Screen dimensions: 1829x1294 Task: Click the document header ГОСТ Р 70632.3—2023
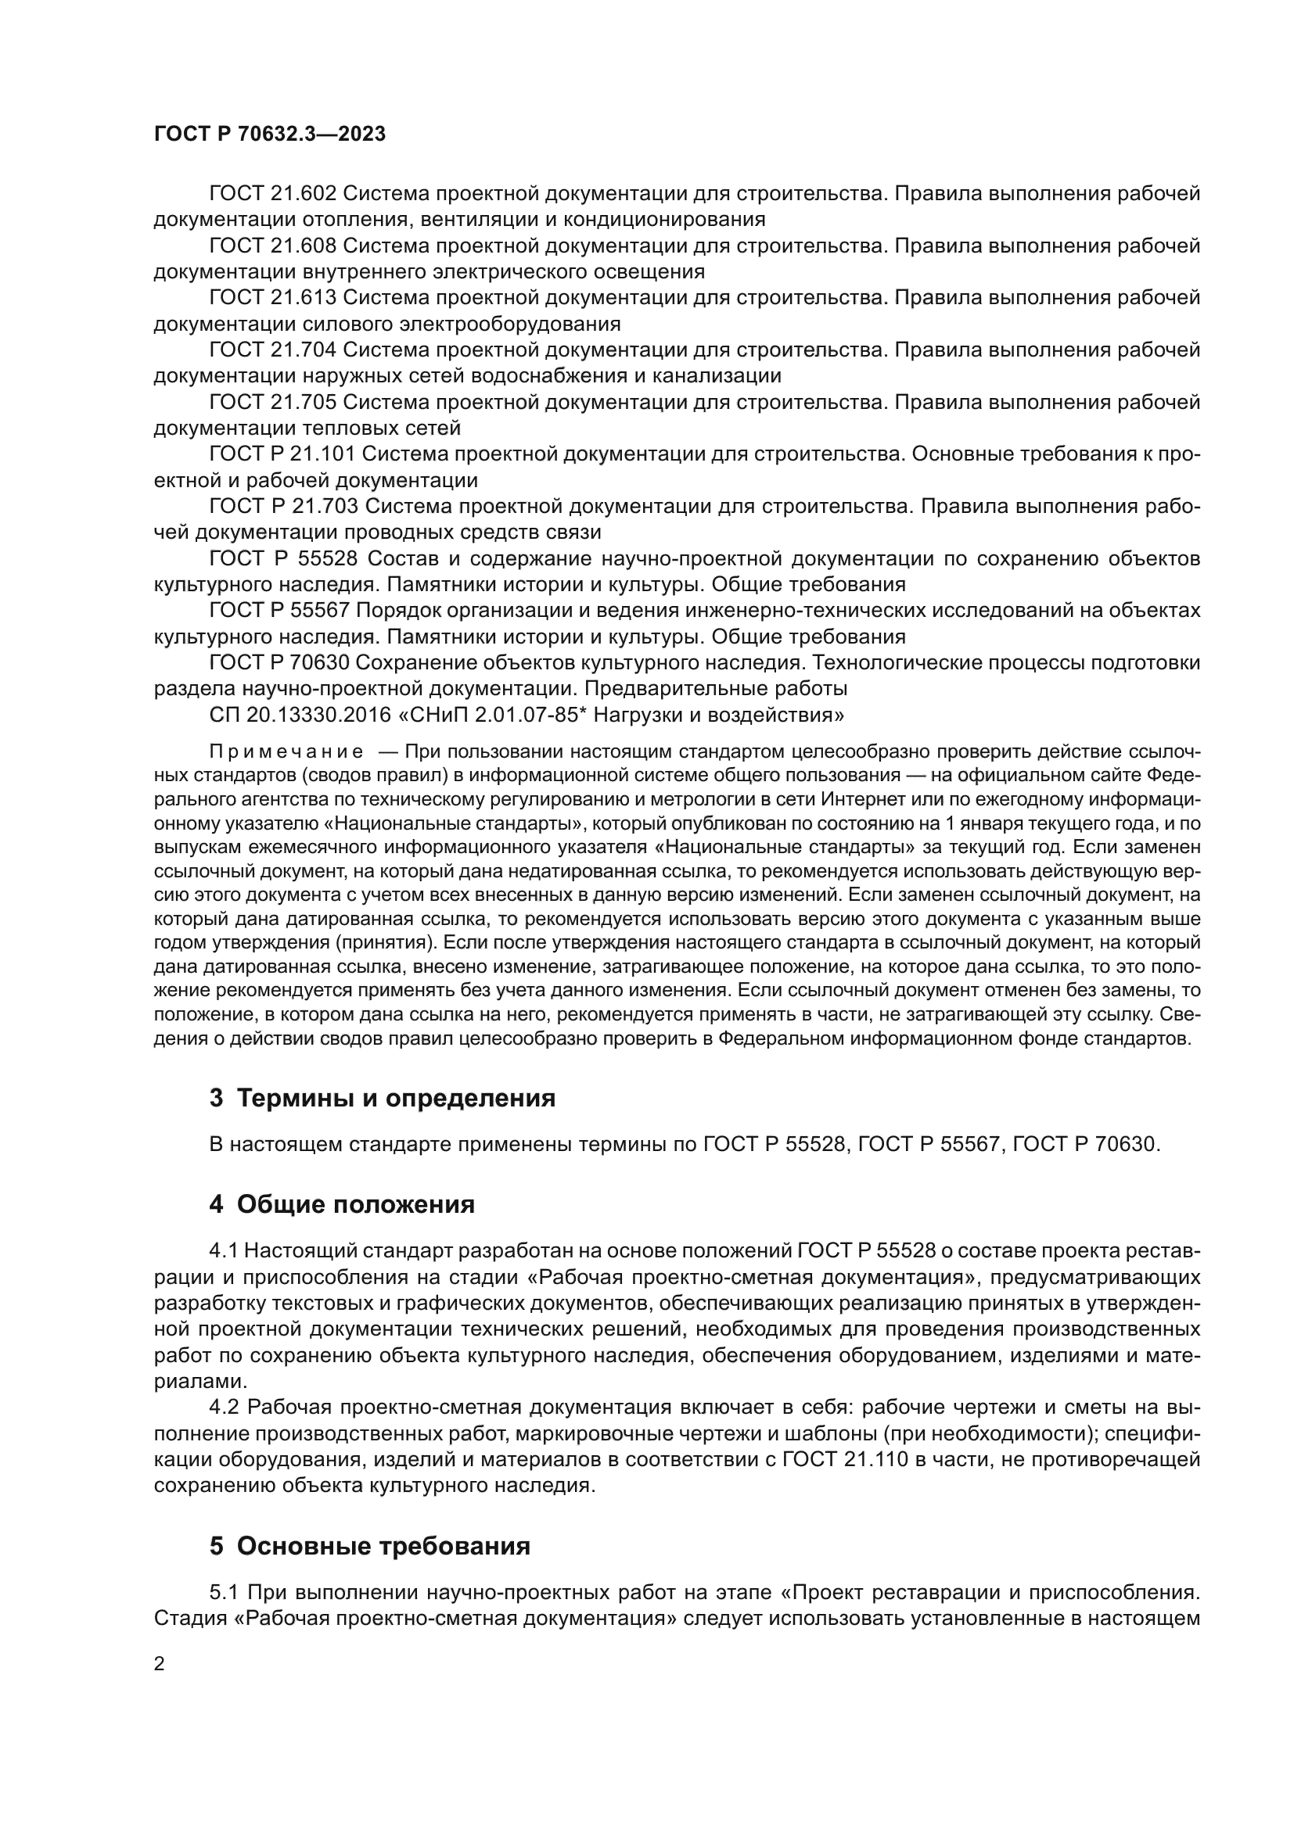pyautogui.click(x=269, y=134)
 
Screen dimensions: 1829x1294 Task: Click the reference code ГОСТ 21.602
pyautogui.click(x=273, y=194)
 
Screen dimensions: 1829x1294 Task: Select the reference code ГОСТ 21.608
pyautogui.click(x=273, y=246)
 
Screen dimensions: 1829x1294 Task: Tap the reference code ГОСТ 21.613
pyautogui.click(x=273, y=298)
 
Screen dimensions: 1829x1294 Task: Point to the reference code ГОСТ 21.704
pyautogui.click(x=273, y=350)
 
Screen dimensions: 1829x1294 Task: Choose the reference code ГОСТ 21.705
pyautogui.click(x=273, y=402)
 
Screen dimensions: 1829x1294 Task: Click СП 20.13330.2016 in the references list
pyautogui.click(x=293, y=715)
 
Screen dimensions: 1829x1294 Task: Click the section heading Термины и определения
pyautogui.click(x=396, y=1099)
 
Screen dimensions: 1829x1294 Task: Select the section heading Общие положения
pyautogui.click(x=355, y=1204)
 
